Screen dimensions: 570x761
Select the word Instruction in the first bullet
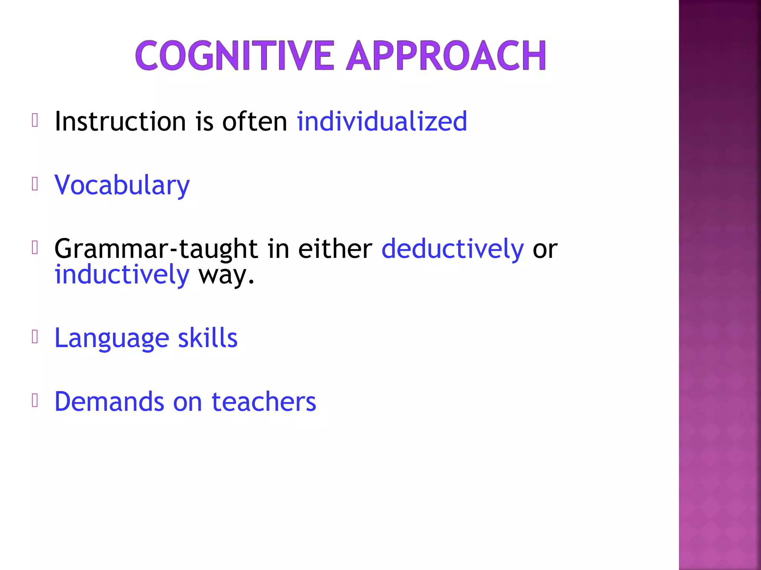coord(120,121)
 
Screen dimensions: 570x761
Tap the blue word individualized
coord(382,121)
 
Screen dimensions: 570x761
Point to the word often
coord(255,121)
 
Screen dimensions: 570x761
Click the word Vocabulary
coord(122,185)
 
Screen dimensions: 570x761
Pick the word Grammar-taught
coord(156,249)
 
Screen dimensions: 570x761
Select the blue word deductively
coord(452,249)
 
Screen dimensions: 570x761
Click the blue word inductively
coord(122,275)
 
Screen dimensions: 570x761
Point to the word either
coord(335,249)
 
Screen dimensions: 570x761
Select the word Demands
coord(109,402)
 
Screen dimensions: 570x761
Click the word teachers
coord(264,402)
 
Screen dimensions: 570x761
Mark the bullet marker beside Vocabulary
coord(35,184)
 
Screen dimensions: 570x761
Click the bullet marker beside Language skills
coord(35,337)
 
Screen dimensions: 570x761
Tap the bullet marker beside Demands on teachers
coord(35,400)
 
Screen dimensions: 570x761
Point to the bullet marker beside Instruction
coord(35,120)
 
